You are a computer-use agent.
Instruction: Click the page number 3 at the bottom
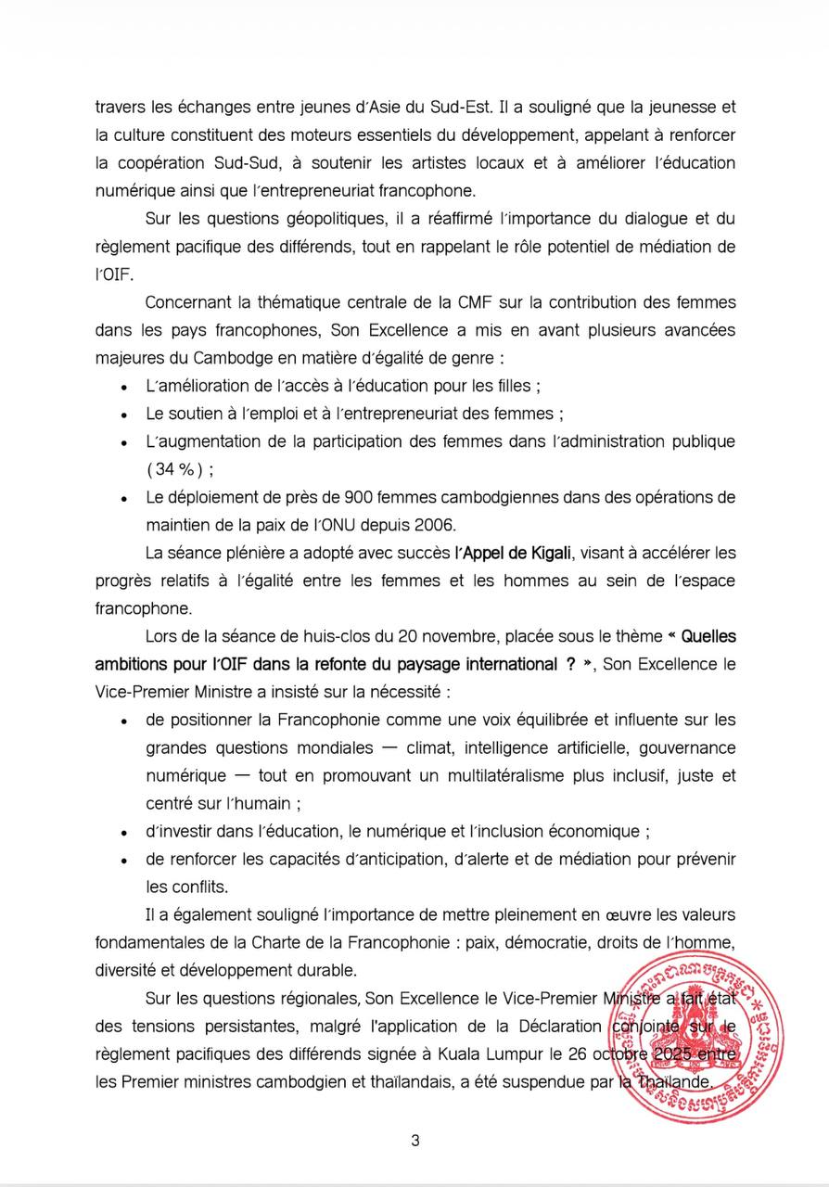(x=415, y=1141)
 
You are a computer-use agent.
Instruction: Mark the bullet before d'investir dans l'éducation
(x=124, y=832)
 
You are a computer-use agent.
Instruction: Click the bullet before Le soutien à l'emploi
(x=124, y=415)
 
